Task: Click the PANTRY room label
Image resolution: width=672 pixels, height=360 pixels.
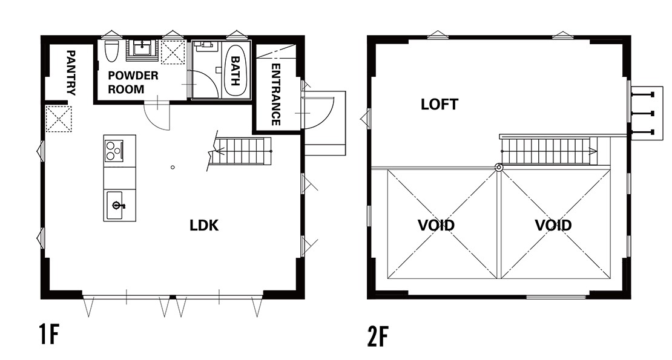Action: tap(71, 73)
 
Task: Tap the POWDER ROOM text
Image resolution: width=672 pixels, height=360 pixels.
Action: tap(133, 82)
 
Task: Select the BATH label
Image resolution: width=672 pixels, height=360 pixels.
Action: tap(236, 71)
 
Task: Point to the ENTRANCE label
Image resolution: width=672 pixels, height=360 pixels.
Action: tap(276, 94)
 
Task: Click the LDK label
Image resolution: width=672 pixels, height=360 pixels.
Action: tap(204, 226)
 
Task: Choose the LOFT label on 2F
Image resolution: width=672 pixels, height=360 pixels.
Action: tap(440, 104)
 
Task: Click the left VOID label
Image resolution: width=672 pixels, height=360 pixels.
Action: tap(436, 225)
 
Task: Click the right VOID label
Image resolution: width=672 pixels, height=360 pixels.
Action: tap(553, 225)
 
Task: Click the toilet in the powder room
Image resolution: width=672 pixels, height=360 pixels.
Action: tap(111, 51)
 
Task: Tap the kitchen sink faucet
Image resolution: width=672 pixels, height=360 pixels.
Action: tap(118, 206)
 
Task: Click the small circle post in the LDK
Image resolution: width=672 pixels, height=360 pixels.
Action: tap(173, 168)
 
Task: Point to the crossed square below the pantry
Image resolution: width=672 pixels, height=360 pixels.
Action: tap(59, 119)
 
